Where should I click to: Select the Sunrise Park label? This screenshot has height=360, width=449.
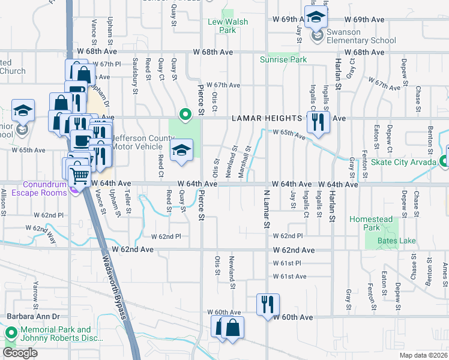[x=283, y=59]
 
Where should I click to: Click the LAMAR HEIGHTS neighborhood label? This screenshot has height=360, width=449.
[x=269, y=119]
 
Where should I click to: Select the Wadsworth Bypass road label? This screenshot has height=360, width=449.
[x=113, y=276]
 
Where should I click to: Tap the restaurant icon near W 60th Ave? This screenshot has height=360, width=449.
[x=268, y=304]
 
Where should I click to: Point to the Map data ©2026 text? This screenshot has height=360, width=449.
[x=424, y=355]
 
